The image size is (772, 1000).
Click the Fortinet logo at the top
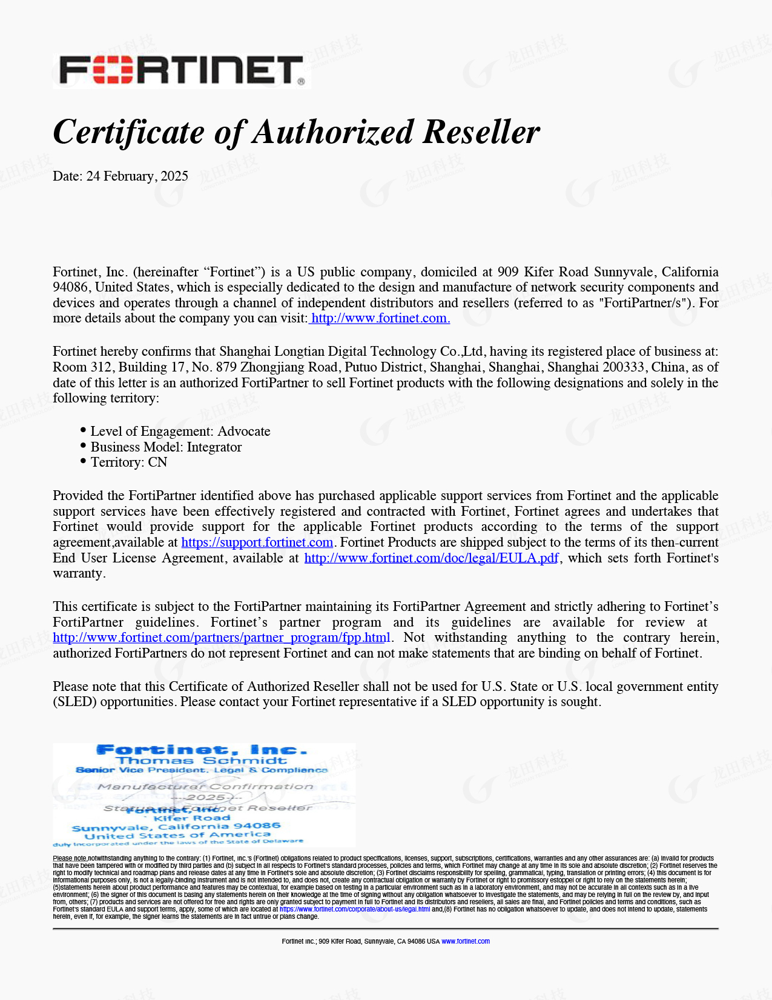pos(182,72)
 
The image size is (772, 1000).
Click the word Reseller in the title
pos(481,132)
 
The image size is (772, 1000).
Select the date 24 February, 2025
pos(137,176)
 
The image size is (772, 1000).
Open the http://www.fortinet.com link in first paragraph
pos(380,318)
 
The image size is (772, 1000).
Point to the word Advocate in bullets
pos(244,432)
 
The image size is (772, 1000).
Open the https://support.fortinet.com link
pos(257,542)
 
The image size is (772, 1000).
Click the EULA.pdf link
pos(431,558)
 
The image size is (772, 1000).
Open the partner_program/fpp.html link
pos(222,638)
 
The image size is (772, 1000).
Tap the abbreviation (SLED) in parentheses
pos(74,702)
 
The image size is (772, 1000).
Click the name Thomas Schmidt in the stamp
pos(202,761)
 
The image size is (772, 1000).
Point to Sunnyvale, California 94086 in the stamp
pos(176,827)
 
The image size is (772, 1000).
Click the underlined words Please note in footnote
pos(70,858)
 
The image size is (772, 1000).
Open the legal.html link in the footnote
pos(355,909)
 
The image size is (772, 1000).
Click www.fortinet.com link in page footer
pos(466,941)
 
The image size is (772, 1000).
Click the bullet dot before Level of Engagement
pos(83,430)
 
